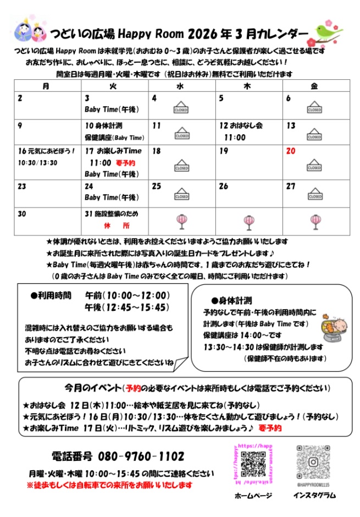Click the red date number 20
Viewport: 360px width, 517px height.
(291, 151)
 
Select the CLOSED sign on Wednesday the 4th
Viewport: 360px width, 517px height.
(181, 107)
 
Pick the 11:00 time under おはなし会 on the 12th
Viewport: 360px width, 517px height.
(235, 137)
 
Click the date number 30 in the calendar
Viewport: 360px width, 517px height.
(22, 213)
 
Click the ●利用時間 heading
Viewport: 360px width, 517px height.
(51, 295)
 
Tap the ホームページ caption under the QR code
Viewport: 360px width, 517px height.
(253, 495)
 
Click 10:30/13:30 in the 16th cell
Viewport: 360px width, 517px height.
(37, 163)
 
